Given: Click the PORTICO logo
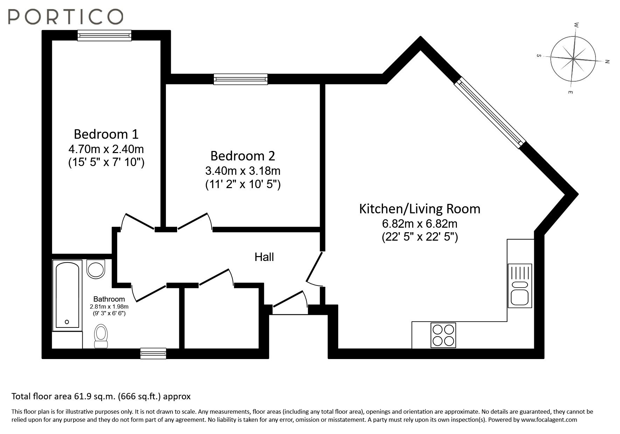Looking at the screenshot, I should (65, 16).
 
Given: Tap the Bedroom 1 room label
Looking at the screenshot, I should (106, 134).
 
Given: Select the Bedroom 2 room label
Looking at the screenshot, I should (243, 156).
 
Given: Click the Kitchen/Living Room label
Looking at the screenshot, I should (419, 209).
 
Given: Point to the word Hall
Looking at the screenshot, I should (264, 257).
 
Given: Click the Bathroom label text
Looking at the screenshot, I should (109, 299).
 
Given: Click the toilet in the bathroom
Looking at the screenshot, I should (101, 336).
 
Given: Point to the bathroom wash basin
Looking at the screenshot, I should (96, 269).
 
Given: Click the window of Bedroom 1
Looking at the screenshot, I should (104, 35).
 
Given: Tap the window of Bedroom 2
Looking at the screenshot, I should (241, 79).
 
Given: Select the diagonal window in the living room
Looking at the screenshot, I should (490, 112).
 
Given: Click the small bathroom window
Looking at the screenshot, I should (153, 353).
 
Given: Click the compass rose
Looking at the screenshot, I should (573, 59).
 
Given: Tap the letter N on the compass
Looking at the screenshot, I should (607, 62).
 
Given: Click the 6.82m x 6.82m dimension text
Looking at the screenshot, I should (419, 223).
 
